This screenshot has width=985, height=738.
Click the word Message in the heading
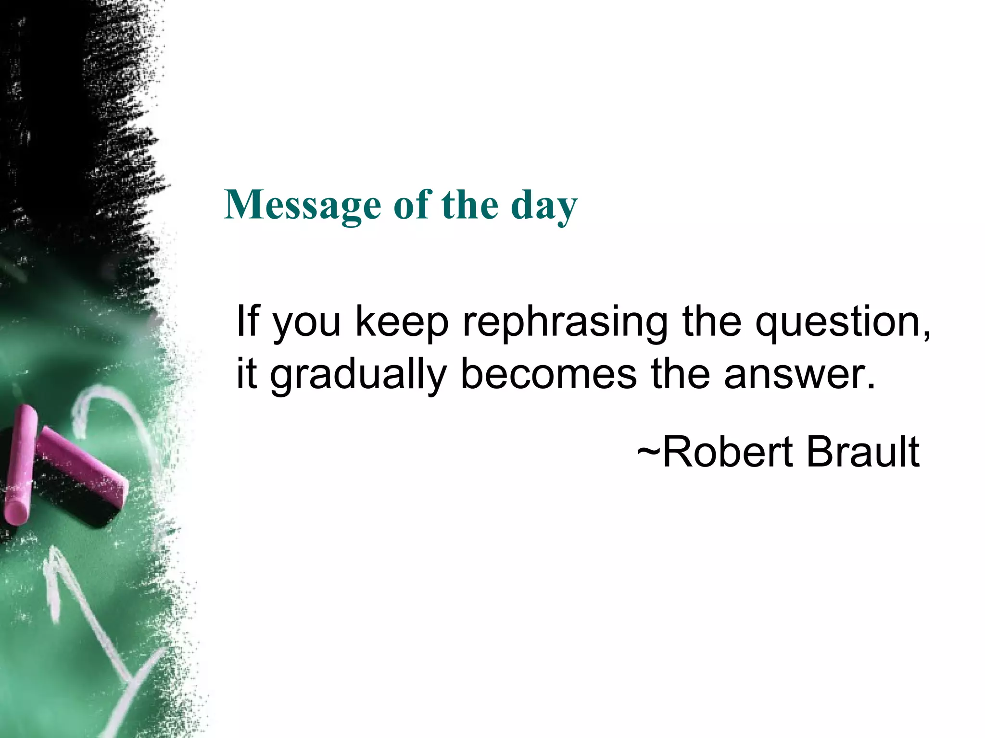click(303, 206)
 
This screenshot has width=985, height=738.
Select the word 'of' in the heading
click(411, 205)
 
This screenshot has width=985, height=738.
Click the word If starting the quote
click(248, 321)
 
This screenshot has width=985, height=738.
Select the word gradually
click(358, 375)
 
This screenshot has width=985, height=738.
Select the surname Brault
click(863, 452)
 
